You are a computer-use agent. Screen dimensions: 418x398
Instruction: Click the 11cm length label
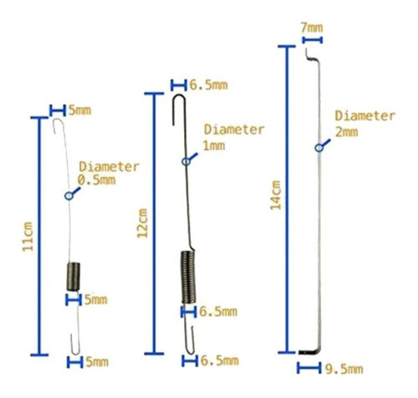coord(28,237)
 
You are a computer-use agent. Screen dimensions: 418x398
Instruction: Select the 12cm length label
coord(142,223)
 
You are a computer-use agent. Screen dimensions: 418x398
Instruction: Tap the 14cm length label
coord(276,195)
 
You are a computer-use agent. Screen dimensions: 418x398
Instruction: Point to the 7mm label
coord(312,28)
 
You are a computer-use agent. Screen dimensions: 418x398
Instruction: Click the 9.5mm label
coord(344,369)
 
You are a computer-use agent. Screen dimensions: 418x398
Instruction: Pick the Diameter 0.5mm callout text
coord(109,173)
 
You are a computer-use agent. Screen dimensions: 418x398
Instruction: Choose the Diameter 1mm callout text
coord(234,137)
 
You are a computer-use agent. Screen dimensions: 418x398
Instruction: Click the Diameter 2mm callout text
coord(365,124)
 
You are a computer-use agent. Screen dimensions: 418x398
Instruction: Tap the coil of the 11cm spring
coord(74,277)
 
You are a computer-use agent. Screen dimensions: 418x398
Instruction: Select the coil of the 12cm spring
coord(188,277)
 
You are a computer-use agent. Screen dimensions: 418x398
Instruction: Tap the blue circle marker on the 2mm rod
coord(319,148)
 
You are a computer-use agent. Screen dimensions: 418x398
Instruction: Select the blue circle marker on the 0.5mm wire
coord(69,196)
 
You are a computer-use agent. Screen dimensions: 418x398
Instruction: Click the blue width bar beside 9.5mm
coord(308,368)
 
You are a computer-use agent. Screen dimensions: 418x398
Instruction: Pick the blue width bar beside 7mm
coord(313,40)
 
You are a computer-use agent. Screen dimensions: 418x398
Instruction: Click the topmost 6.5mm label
coord(208,85)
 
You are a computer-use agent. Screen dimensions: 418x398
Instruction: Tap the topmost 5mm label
coord(79,110)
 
